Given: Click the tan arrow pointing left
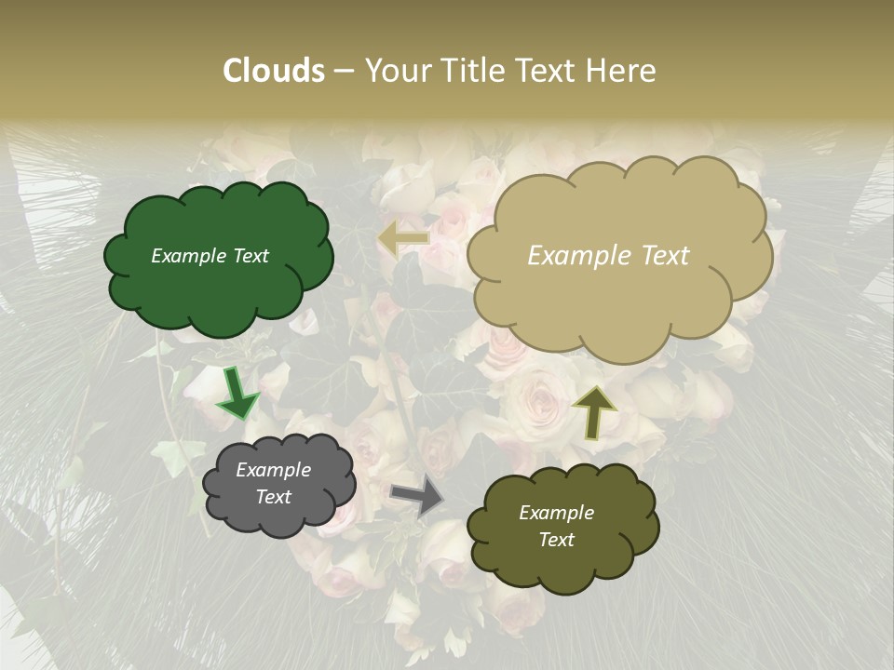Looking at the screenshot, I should click(x=404, y=239).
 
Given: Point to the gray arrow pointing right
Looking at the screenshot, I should click(x=418, y=495).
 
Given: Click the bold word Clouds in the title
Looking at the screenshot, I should click(x=273, y=71).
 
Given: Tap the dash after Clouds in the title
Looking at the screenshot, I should click(x=344, y=71).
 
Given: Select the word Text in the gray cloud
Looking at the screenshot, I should click(x=274, y=497).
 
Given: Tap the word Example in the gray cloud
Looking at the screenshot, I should click(x=274, y=470).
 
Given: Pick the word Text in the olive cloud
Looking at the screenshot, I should click(x=557, y=540).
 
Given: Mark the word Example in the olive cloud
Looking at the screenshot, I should click(x=557, y=513).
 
